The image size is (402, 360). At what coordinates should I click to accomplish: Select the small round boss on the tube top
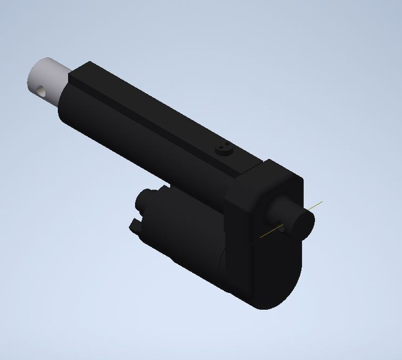tap(223, 150)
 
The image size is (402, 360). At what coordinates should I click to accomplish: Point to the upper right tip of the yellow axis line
tap(322, 201)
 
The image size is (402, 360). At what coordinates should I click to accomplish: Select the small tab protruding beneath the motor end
tap(135, 226)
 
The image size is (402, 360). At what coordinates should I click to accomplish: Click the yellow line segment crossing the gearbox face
tap(273, 231)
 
